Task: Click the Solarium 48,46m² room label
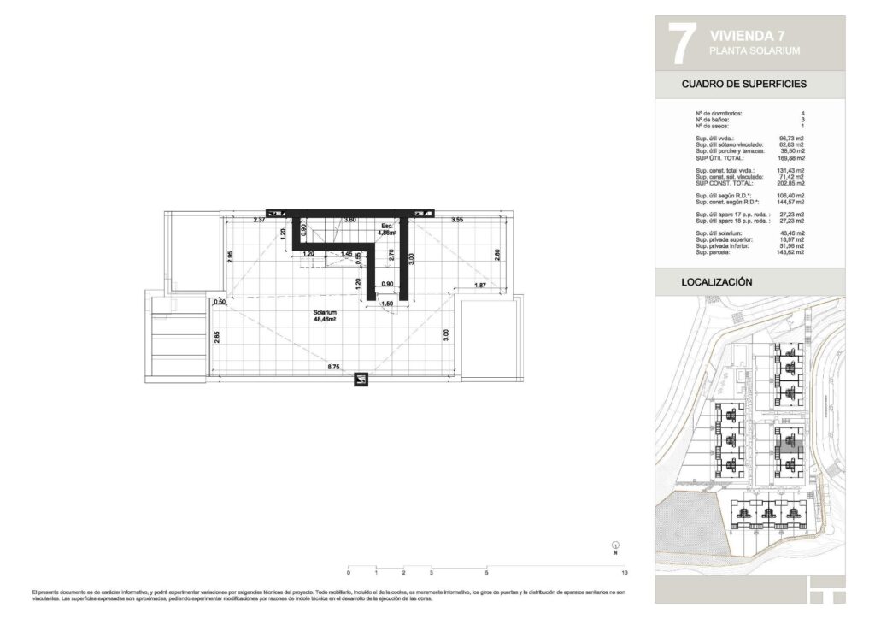click(325, 317)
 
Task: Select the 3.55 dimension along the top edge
click(457, 221)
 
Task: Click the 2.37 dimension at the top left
click(259, 221)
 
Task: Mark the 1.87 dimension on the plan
click(480, 285)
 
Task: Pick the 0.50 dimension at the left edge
click(220, 302)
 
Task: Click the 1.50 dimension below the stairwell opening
click(386, 304)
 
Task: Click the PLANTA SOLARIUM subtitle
click(755, 51)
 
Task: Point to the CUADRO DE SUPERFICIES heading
click(744, 85)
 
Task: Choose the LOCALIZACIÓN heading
click(716, 281)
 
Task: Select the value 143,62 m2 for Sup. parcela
click(790, 254)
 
